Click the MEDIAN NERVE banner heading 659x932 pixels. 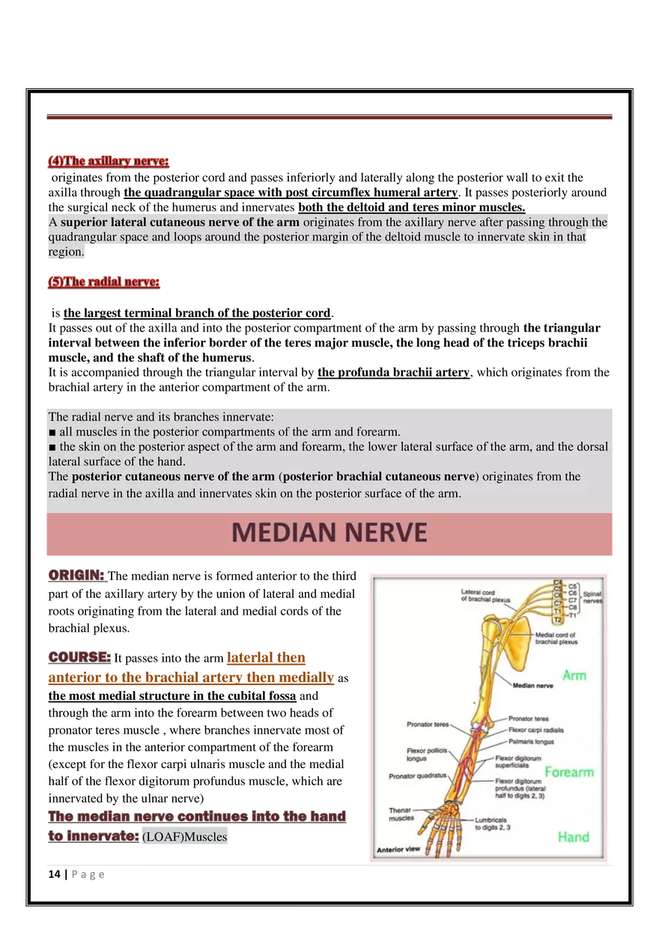[329, 532]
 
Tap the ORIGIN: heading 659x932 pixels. [76, 576]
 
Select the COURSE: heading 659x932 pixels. [79, 657]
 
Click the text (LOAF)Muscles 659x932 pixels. [184, 837]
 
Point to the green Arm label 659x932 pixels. [574, 675]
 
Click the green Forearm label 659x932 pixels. [569, 772]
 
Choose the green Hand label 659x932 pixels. [573, 837]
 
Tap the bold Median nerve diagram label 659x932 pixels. [532, 685]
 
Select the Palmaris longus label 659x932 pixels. [531, 742]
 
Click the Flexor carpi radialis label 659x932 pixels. [535, 730]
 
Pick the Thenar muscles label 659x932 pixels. [401, 814]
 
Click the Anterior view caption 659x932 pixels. [399, 850]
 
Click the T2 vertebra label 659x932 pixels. [557, 620]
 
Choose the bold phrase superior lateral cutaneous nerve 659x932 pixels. [180, 222]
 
